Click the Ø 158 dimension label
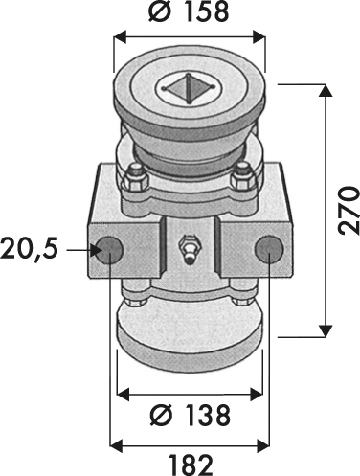[x=189, y=12]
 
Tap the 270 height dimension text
[x=349, y=211]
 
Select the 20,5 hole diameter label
[x=30, y=249]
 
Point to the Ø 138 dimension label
[x=191, y=415]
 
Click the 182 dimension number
[x=191, y=465]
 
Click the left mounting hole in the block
[x=109, y=250]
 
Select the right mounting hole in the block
[x=269, y=250]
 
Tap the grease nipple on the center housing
[x=190, y=249]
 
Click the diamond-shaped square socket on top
[x=189, y=88]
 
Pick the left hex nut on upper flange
[x=135, y=179]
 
